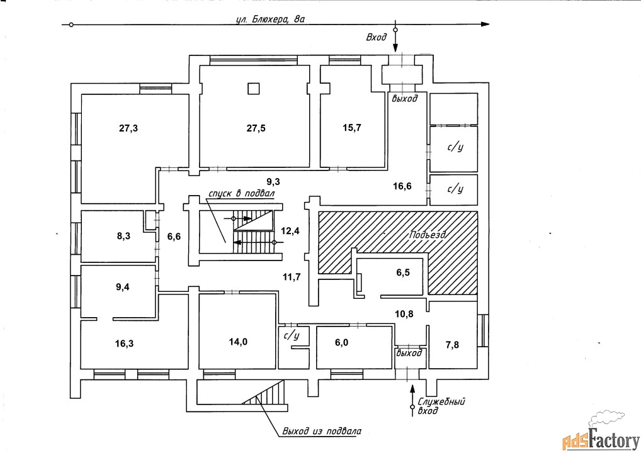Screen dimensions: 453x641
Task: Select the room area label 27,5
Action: click(x=256, y=128)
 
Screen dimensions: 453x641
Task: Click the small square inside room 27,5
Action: click(x=253, y=89)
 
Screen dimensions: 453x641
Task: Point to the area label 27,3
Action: click(x=128, y=128)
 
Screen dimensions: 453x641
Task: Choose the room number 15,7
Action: click(x=351, y=128)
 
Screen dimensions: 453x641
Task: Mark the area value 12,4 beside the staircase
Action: click(x=290, y=231)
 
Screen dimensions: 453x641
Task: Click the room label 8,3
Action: click(x=124, y=237)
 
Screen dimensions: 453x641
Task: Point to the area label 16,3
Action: click(x=124, y=344)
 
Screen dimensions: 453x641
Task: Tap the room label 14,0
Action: click(x=237, y=342)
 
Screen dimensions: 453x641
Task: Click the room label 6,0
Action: click(x=341, y=344)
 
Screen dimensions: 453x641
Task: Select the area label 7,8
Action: click(x=453, y=344)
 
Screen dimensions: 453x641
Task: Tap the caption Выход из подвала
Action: click(x=322, y=432)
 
